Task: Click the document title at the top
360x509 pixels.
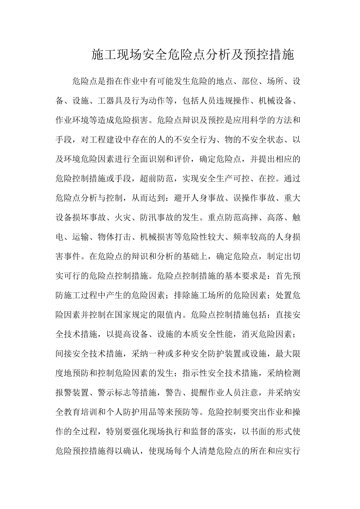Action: click(x=193, y=55)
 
